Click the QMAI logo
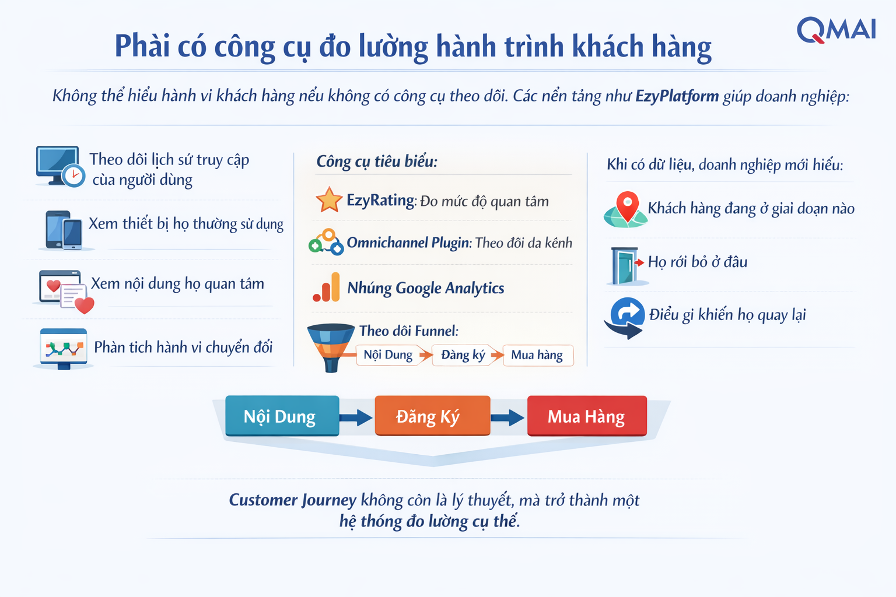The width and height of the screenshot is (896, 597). tap(836, 30)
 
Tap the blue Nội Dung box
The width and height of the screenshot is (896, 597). tap(282, 416)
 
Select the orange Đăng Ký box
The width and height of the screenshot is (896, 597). tap(432, 416)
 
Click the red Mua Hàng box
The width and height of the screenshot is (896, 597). tap(587, 416)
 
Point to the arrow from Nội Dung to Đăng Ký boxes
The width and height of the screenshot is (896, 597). tap(356, 417)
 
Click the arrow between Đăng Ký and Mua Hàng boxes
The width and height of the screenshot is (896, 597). tap(508, 417)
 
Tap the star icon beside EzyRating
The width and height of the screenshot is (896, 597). tap(329, 199)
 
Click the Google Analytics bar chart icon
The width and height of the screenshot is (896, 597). tap(327, 287)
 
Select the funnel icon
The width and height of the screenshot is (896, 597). tap(331, 347)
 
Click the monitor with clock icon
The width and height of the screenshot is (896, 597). tap(60, 166)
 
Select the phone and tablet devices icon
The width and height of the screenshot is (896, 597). tap(64, 230)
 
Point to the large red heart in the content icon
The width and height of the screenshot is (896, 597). tap(85, 305)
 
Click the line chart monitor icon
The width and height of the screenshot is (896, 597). tap(64, 349)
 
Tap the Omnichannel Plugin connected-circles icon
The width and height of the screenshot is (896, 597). tap(326, 242)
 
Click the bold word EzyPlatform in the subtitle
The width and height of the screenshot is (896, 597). tap(677, 96)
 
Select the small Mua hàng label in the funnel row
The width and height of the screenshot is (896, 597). tap(537, 354)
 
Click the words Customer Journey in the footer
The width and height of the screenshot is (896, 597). tap(292, 500)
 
